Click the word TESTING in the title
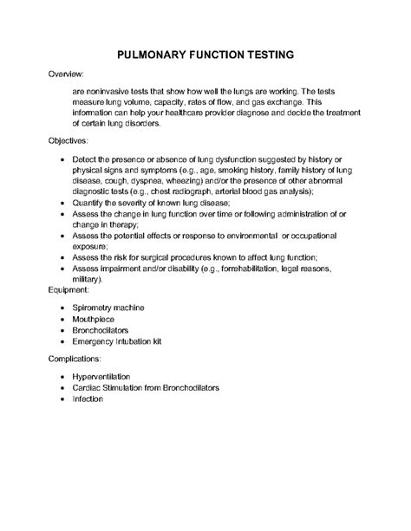click(x=264, y=54)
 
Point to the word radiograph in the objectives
click(x=186, y=191)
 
